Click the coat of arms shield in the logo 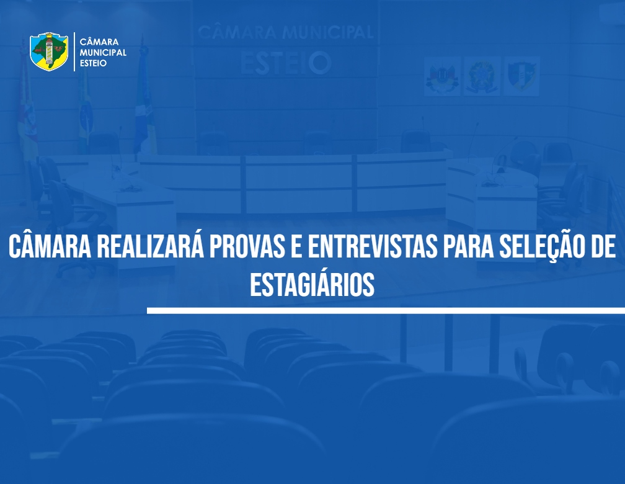(49, 52)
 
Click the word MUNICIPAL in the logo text (103, 53)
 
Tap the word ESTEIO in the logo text (93, 63)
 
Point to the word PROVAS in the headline (247, 247)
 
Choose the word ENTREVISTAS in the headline (373, 247)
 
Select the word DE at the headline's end (603, 247)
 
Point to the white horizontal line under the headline (386, 310)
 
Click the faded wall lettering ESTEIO (286, 63)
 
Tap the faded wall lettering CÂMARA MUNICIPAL (285, 32)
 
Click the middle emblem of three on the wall (482, 76)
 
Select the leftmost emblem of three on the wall (442, 76)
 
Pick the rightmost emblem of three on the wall (522, 76)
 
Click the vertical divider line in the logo (74, 52)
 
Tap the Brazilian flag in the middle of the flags (85, 108)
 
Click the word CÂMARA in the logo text (99, 41)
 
